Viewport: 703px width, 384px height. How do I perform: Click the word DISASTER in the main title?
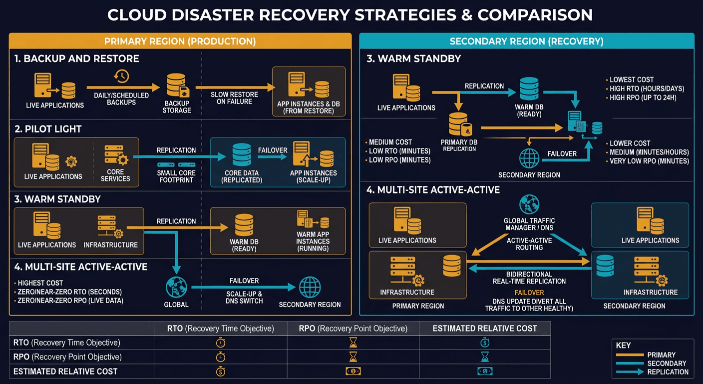[238, 14]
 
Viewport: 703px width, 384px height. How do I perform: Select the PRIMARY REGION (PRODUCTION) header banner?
[180, 41]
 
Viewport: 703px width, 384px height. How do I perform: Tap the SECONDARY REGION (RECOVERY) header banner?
[526, 41]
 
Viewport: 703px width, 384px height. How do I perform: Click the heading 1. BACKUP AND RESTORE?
[77, 59]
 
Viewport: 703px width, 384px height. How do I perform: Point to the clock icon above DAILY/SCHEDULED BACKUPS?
[121, 76]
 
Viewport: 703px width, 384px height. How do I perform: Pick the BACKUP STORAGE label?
[177, 106]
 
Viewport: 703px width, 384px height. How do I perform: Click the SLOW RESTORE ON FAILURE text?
[234, 98]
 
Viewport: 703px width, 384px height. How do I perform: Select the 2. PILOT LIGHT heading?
[48, 129]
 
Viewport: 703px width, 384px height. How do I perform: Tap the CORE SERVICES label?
[115, 175]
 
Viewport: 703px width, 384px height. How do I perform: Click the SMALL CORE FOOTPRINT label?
[176, 176]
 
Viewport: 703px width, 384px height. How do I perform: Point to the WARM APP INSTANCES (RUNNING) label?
[313, 241]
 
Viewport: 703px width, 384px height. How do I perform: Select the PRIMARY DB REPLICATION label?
[459, 145]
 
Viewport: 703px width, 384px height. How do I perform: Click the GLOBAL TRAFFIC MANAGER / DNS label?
[529, 224]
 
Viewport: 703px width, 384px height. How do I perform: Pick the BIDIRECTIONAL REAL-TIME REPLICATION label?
[529, 277]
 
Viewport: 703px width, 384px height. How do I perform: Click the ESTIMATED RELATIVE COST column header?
[484, 328]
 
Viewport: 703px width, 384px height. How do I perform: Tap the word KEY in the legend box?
[623, 345]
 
